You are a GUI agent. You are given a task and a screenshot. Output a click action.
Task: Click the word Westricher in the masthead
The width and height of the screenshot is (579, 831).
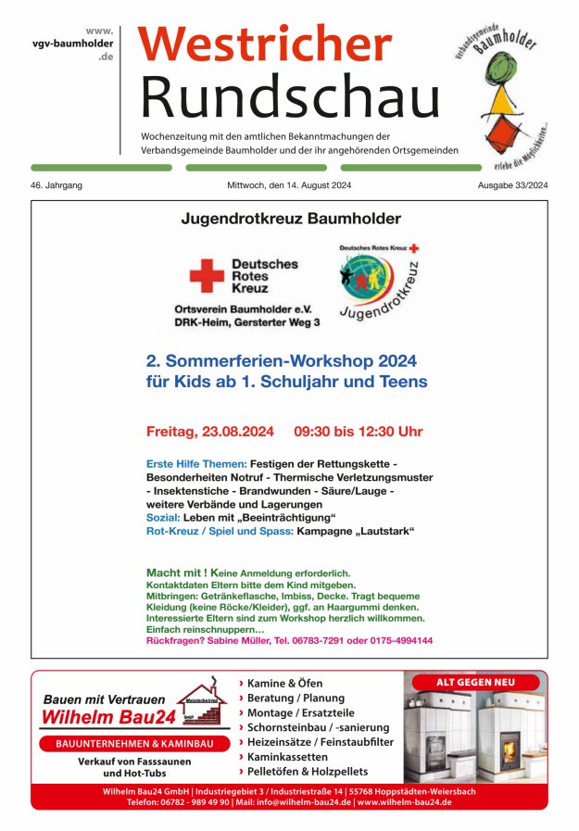click(x=265, y=44)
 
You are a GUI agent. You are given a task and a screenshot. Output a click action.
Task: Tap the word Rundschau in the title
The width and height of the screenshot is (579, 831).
click(x=290, y=94)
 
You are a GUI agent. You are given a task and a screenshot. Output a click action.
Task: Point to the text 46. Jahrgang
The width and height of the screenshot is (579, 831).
click(x=57, y=185)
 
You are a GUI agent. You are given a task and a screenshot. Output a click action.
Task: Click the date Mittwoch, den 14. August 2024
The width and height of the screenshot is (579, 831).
click(x=289, y=185)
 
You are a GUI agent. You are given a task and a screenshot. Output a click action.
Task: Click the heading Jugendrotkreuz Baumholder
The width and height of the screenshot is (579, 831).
click(x=291, y=220)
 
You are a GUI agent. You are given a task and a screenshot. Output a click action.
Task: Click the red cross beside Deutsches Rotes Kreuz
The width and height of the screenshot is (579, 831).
click(x=207, y=275)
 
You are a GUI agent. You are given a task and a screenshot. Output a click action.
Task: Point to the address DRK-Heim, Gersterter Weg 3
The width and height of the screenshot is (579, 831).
click(x=247, y=322)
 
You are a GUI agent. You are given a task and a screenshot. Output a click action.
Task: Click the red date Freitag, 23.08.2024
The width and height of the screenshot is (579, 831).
click(x=210, y=432)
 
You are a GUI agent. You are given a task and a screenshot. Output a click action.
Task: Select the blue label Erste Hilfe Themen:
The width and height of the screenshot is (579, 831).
click(x=196, y=463)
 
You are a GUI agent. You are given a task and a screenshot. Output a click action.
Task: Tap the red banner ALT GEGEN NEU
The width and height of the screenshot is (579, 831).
click(x=475, y=682)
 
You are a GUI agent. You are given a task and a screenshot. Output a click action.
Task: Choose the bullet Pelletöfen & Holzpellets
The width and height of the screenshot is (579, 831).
click(x=308, y=771)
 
